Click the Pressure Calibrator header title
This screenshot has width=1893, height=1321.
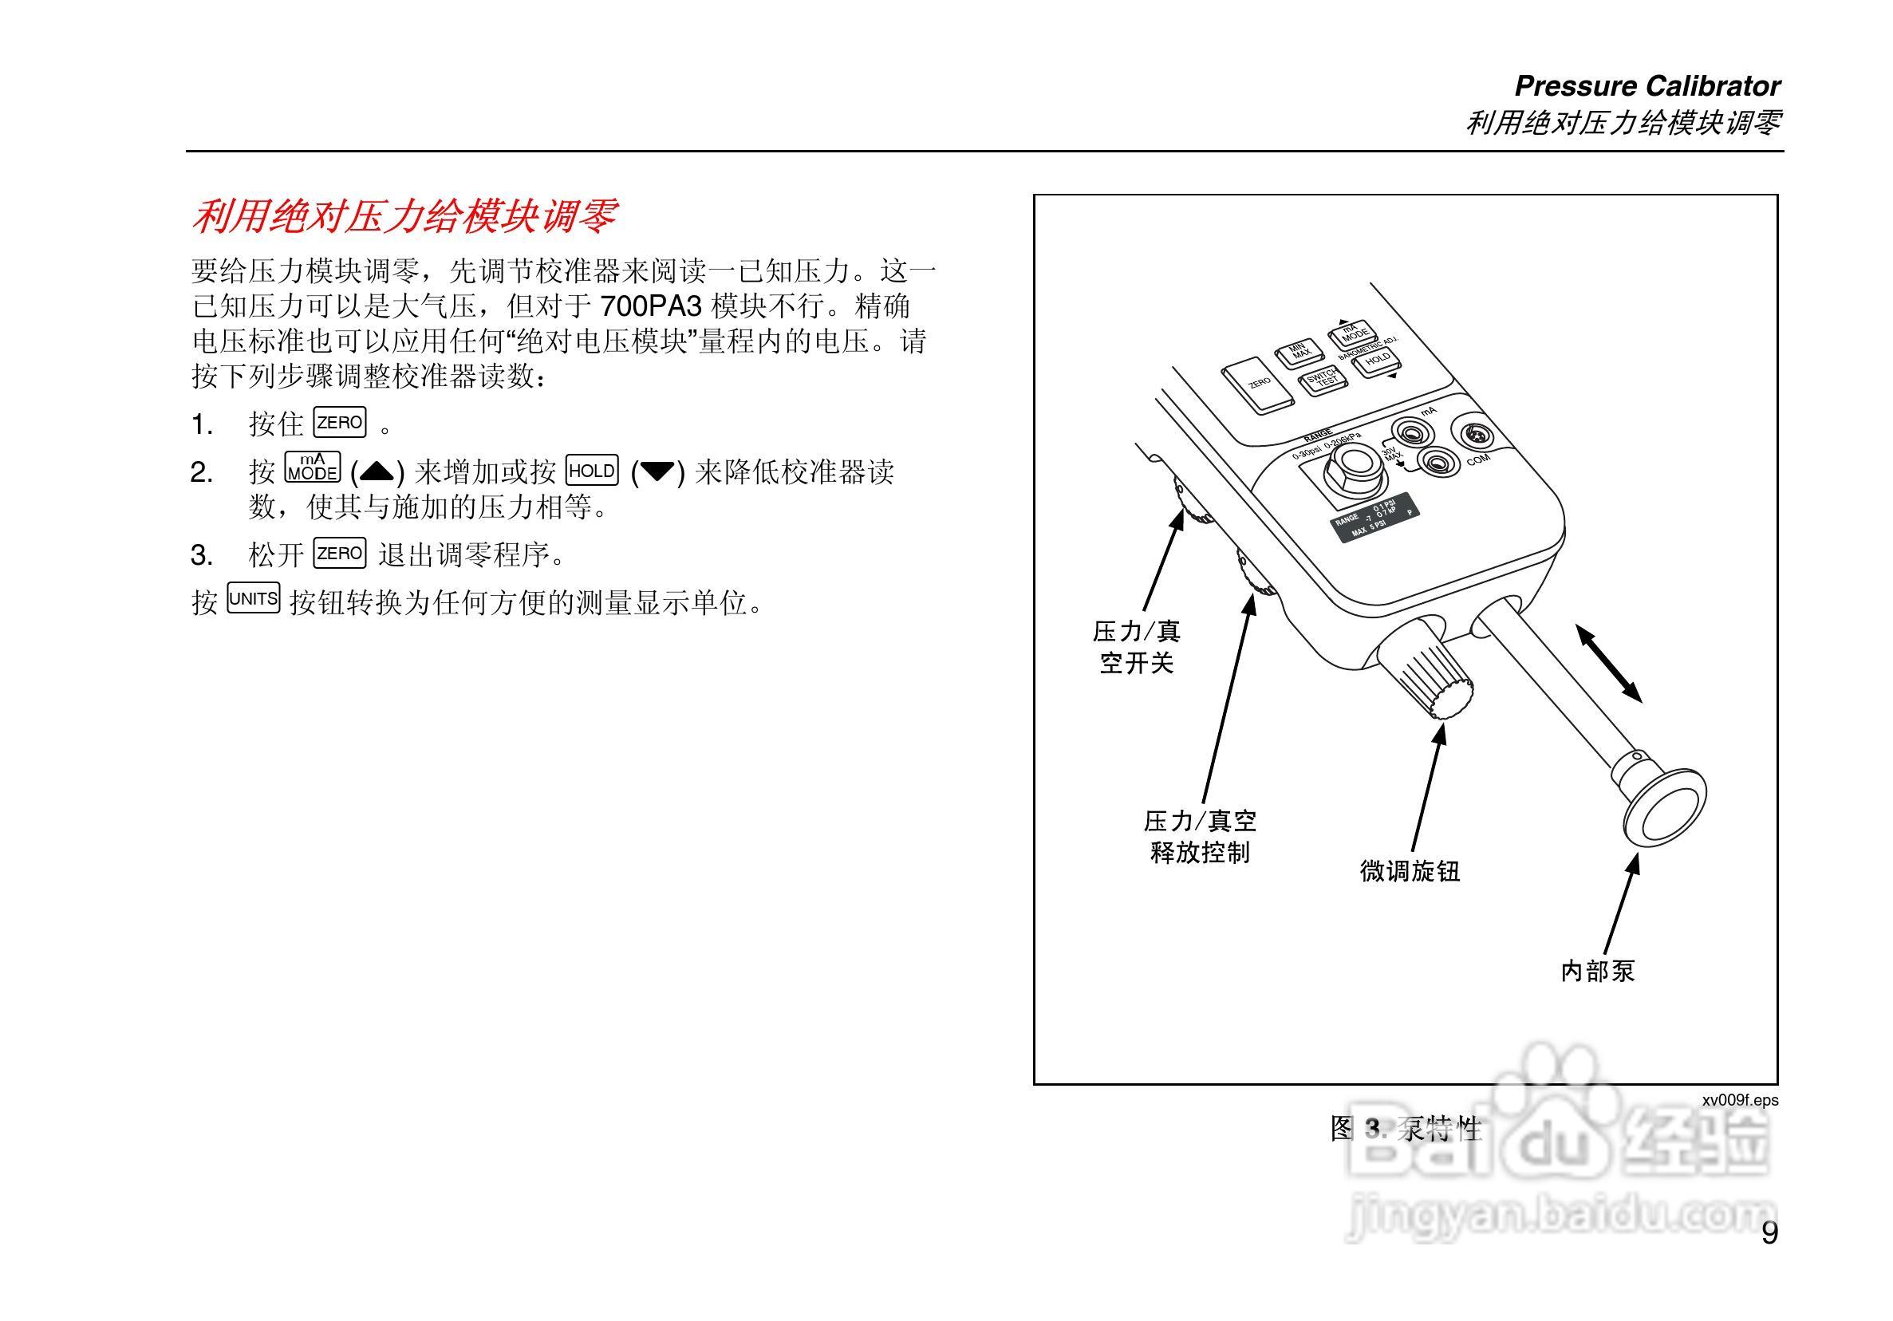pos(1647,86)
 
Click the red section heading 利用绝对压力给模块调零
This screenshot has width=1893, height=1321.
pos(404,217)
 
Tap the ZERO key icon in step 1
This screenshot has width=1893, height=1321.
pos(340,423)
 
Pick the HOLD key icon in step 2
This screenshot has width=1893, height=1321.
pos(592,471)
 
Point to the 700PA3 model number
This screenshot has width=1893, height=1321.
pos(650,307)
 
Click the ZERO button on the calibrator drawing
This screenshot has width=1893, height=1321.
pos(1257,385)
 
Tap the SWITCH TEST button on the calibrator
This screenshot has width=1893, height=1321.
pos(1323,381)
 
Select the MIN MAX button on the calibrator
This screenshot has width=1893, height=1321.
pos(1299,353)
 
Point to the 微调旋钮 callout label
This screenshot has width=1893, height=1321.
pos(1410,871)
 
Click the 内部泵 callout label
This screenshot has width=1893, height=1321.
pos(1597,971)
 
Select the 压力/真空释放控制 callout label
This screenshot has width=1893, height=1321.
pos(1200,836)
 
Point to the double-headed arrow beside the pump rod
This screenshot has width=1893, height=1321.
pos(1608,663)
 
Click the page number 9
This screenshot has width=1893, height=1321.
pos(1769,1233)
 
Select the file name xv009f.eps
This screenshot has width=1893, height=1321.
pos(1741,1100)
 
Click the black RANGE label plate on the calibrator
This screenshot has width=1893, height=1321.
pos(1374,516)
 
